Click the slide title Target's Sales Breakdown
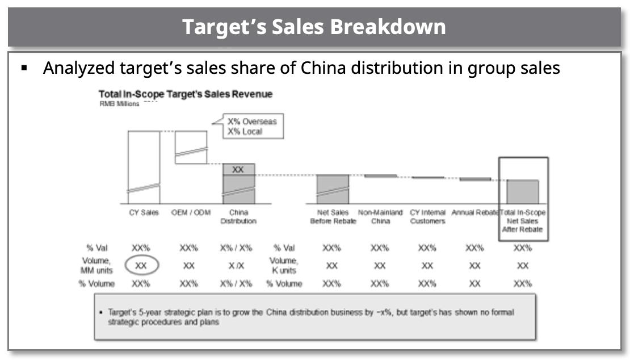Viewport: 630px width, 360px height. point(314,27)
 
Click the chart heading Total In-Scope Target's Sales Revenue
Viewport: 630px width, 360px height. point(185,94)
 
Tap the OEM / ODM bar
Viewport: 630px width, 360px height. point(191,146)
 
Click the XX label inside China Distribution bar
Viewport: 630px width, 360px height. point(238,170)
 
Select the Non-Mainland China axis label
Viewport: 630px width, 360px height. point(380,217)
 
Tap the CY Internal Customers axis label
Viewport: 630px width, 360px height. point(427,217)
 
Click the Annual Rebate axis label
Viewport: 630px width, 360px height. point(474,213)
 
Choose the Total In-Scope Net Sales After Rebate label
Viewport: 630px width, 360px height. point(523,221)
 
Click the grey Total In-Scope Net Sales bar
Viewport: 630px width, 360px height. point(522,191)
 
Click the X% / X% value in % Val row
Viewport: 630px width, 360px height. point(238,248)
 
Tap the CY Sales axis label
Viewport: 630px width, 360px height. point(144,213)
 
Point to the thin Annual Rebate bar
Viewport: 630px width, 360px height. point(474,179)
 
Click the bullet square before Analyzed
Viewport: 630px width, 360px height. point(24,69)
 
